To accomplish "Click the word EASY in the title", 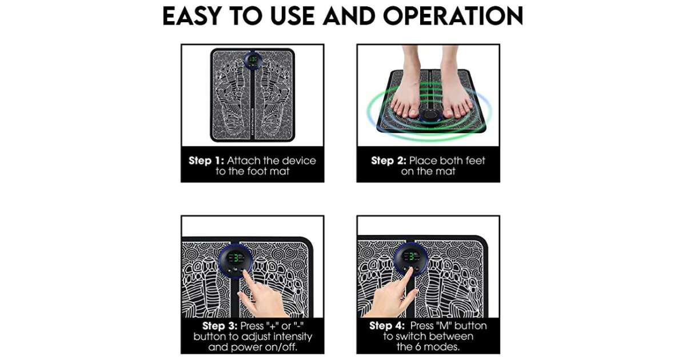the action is coord(192,15).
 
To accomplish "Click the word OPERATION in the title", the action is coord(453,15).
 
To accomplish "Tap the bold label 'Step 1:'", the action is coord(206,161).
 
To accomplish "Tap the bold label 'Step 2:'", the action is coord(389,161).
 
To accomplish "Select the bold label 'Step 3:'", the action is coord(220,326).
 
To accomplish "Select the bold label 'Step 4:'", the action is coord(387,326).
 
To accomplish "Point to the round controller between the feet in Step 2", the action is coord(430,115).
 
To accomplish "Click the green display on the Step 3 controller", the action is coord(236,258).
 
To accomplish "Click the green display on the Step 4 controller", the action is coord(411,257).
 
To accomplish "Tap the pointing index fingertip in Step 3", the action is coord(245,273).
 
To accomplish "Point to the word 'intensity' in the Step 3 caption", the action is coord(293,337).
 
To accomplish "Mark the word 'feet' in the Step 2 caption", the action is coord(475,161).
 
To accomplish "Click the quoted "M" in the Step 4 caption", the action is coord(444,326).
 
